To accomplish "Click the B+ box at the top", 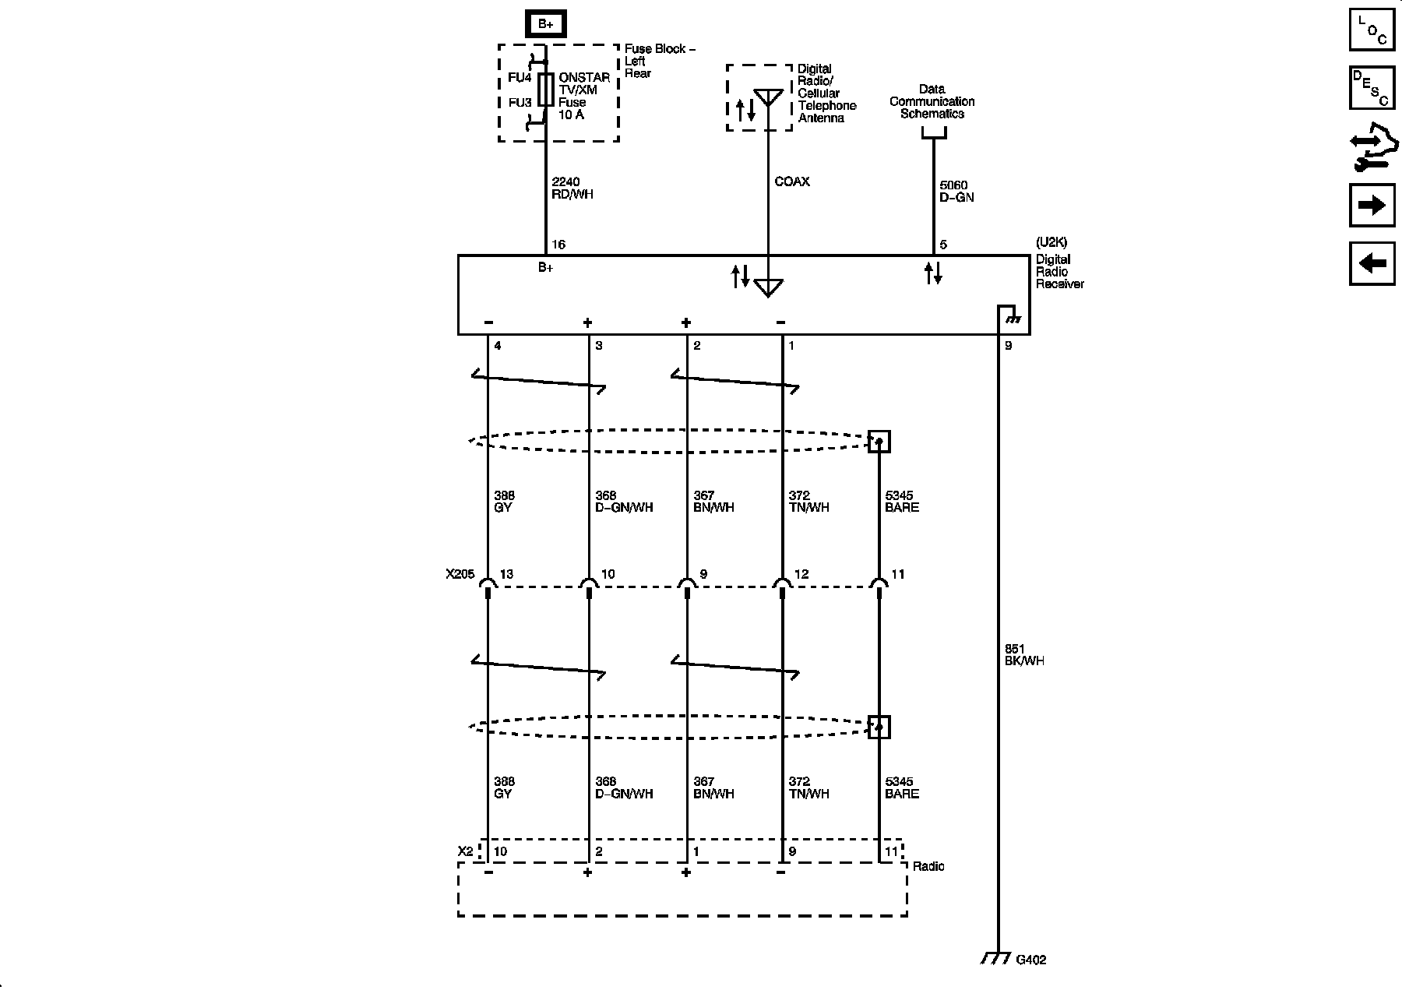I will (x=545, y=24).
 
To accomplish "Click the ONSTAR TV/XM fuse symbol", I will (x=546, y=90).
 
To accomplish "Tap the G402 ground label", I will (x=1030, y=960).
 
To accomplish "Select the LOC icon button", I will (x=1372, y=30).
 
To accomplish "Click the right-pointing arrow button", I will (x=1372, y=206).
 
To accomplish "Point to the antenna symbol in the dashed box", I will (x=768, y=98).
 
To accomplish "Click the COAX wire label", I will (x=792, y=182).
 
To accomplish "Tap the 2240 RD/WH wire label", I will (x=572, y=188).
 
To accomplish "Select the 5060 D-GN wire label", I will (x=956, y=192).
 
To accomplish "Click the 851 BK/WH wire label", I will (x=1024, y=655).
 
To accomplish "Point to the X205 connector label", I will (x=460, y=575).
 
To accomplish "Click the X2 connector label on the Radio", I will (x=464, y=851).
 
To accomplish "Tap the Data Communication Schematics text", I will (x=932, y=101).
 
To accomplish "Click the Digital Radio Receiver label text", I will (x=1059, y=272).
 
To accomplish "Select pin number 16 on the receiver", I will (x=558, y=245).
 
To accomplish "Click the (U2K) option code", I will (x=1051, y=242).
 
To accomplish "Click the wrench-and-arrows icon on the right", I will (x=1372, y=147).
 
